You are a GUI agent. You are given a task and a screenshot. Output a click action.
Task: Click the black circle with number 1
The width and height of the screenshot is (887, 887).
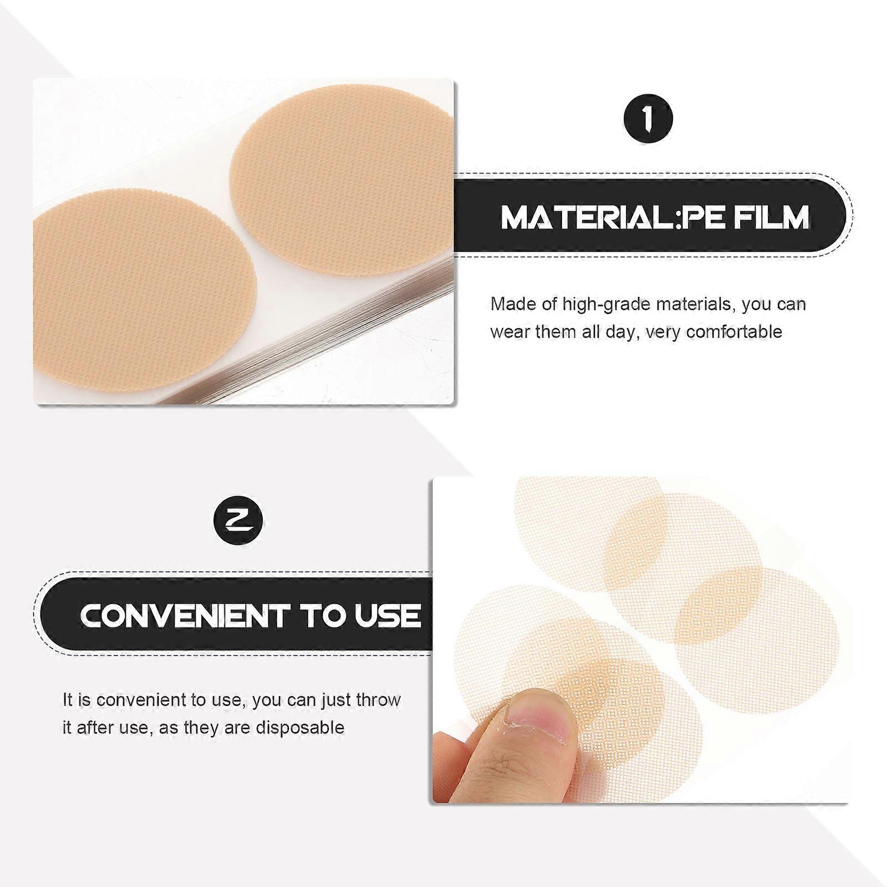coord(648,119)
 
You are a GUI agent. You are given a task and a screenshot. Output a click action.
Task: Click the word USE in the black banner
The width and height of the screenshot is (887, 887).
coord(388,615)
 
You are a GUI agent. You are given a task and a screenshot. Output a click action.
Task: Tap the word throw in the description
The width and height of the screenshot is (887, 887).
coord(379,700)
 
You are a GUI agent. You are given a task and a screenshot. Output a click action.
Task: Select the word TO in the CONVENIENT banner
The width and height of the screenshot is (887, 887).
coord(322,615)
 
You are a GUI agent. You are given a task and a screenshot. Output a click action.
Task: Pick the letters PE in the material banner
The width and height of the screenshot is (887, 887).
coord(699,217)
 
